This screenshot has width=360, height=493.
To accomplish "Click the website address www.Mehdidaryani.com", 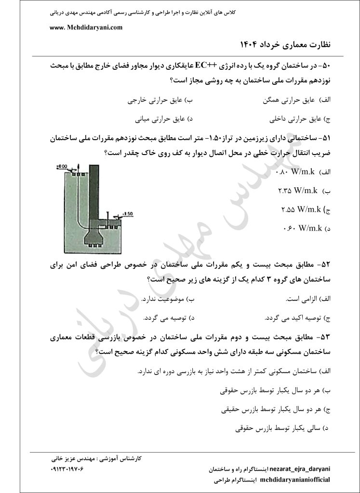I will (x=86, y=28).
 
